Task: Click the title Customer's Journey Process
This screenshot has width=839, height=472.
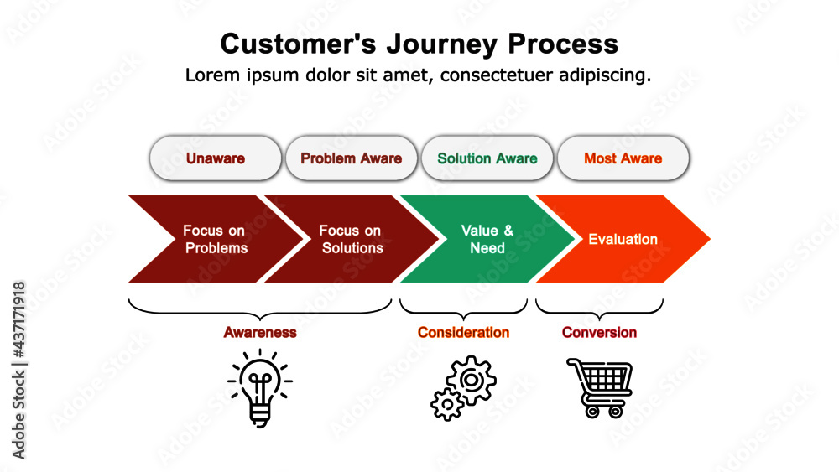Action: pos(419,44)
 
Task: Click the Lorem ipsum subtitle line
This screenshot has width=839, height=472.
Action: pos(418,75)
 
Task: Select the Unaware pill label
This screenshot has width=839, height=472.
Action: pos(216,158)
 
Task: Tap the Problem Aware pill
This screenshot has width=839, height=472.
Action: pos(351,158)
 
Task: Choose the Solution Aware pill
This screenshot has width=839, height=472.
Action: pos(487,158)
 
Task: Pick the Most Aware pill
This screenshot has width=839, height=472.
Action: pos(623,158)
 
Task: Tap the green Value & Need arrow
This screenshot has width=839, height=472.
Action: pos(487,239)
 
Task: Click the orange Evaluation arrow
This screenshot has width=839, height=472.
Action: pos(623,239)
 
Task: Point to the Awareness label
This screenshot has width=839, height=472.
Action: pos(259,332)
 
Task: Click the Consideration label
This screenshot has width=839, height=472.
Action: pos(463,332)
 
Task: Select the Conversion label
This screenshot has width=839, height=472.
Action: pos(599,332)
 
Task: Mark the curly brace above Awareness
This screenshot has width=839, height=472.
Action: pos(259,309)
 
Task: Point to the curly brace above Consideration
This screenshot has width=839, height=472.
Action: pos(463,309)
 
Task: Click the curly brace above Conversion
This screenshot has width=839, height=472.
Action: pos(599,309)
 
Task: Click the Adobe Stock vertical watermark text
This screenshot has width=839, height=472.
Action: pos(19,369)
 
